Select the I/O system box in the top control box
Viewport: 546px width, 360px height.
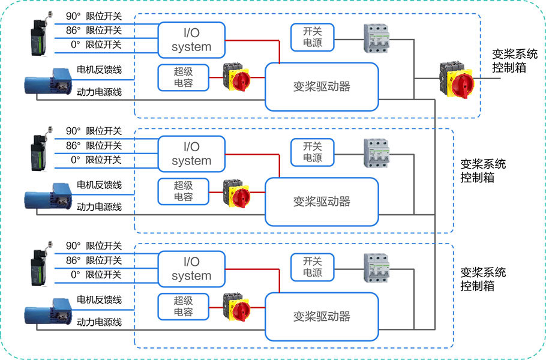pos(191,40)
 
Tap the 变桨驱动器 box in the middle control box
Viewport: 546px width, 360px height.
pos(322,202)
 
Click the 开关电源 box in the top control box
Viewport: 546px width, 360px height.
pos(312,37)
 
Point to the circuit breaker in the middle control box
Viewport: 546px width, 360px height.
pos(377,152)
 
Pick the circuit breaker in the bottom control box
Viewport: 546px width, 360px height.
pos(377,268)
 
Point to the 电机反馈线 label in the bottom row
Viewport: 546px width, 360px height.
pos(100,299)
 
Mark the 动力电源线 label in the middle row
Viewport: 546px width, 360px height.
pos(100,207)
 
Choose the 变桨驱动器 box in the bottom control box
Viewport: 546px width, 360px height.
pos(322,316)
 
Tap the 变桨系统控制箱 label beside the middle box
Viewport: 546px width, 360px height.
pos(483,171)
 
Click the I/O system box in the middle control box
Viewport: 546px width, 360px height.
pos(191,154)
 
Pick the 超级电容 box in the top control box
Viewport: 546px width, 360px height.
pos(183,77)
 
